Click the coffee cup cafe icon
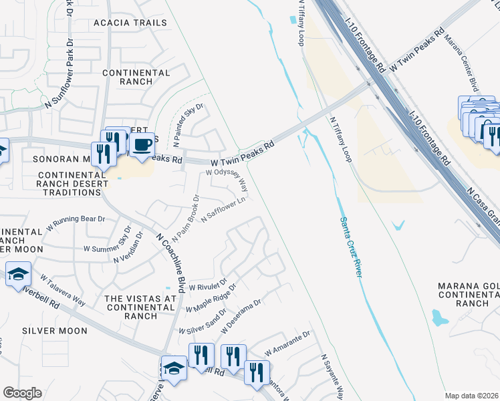tap(141, 146)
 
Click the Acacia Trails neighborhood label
tap(130, 23)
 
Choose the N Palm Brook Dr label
tap(186, 218)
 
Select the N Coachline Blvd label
tap(170, 262)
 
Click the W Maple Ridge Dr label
tap(211, 299)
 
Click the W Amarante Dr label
tap(288, 344)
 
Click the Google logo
tap(21, 393)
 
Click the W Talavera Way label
tap(61, 289)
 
